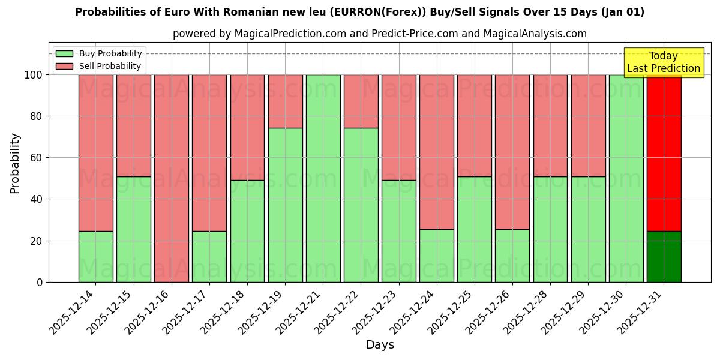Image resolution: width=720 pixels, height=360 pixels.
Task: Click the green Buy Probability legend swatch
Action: click(x=64, y=53)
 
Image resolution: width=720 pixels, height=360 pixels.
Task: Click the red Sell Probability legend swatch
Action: click(x=64, y=66)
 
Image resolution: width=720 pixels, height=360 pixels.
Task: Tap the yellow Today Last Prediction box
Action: click(x=663, y=62)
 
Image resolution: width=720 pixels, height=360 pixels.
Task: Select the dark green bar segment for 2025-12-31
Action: click(x=664, y=256)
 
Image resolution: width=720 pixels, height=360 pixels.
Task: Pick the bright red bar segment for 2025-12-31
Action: click(x=664, y=153)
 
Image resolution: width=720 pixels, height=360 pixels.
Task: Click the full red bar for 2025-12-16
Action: click(x=172, y=178)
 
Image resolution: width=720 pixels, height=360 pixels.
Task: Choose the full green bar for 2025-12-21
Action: click(x=323, y=178)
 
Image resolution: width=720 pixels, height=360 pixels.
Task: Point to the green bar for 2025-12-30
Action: click(x=626, y=178)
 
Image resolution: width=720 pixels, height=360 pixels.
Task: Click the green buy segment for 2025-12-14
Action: click(x=95, y=256)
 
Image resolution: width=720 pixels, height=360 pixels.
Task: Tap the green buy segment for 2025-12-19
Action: click(x=285, y=205)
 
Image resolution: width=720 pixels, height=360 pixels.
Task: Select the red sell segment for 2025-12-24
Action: click(x=436, y=152)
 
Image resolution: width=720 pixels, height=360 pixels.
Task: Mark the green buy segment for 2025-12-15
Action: click(x=133, y=229)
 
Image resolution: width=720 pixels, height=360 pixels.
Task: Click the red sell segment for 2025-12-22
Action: click(x=361, y=101)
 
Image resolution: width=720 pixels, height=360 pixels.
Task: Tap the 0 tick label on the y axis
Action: click(x=40, y=282)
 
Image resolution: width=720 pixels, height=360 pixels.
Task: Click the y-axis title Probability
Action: click(x=16, y=163)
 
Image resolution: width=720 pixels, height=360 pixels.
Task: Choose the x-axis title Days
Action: click(x=380, y=345)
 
